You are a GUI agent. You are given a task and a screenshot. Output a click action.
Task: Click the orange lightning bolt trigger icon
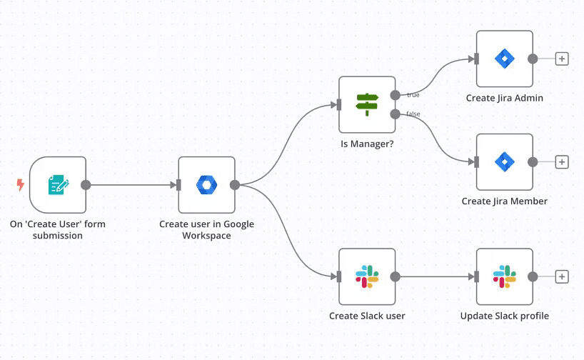[21, 184]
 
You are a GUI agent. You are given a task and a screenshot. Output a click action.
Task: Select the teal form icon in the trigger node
[59, 185]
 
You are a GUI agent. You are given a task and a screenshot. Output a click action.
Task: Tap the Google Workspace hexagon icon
[207, 185]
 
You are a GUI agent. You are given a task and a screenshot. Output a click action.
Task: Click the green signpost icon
[367, 105]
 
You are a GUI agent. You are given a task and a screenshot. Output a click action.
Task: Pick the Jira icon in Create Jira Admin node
[504, 59]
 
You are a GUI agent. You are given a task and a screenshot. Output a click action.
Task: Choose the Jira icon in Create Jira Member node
[504, 161]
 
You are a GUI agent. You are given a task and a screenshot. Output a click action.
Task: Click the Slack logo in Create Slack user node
[367, 276]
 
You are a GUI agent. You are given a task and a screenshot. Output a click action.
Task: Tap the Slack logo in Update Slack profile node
[504, 276]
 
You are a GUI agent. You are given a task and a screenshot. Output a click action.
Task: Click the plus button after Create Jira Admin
[562, 59]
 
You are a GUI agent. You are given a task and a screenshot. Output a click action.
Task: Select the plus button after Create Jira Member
[562, 162]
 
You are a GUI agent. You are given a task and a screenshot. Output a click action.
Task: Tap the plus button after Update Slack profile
[562, 277]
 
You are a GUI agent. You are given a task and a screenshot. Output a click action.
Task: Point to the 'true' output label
[413, 95]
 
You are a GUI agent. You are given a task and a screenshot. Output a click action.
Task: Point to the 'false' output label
[413, 114]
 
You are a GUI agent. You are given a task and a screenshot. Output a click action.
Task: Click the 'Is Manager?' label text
[367, 144]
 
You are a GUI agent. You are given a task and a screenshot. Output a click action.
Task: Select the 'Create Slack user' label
[367, 316]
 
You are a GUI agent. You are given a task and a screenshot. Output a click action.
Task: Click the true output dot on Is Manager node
[396, 96]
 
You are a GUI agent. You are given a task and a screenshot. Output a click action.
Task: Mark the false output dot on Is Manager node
[396, 114]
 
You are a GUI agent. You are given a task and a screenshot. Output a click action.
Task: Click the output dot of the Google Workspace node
[235, 185]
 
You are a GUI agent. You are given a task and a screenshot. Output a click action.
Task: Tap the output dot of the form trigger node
[86, 185]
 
